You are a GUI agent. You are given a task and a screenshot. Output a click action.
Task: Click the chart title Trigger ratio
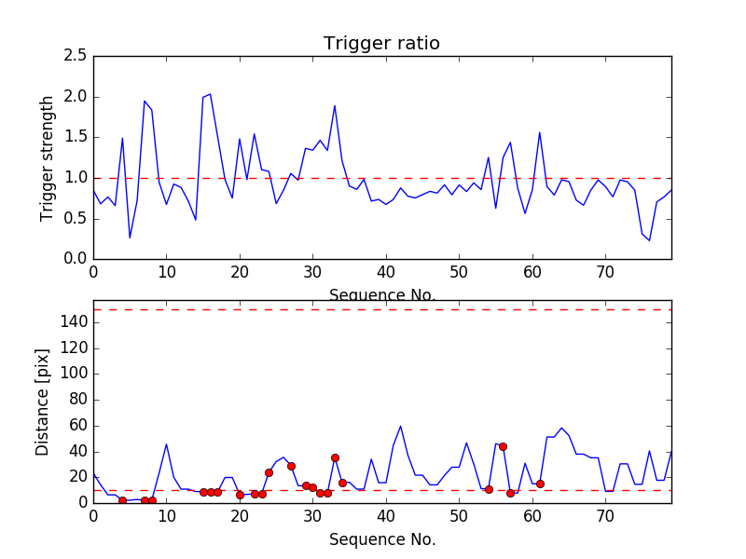381,44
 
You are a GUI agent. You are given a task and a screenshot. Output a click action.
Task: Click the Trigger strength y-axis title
48,157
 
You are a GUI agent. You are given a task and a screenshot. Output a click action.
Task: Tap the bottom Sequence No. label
381,539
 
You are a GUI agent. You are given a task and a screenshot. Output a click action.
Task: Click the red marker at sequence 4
122,500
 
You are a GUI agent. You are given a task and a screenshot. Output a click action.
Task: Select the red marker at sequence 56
503,446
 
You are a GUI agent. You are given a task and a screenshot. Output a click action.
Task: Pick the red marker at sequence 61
540,484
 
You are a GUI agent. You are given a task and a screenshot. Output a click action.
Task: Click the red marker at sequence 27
291,466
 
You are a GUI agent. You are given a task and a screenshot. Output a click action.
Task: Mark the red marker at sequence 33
335,457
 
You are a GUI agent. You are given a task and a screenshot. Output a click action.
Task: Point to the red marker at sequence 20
240,495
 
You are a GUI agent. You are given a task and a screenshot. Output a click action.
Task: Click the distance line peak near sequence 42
400,426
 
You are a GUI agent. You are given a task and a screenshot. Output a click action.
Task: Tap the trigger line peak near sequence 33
335,105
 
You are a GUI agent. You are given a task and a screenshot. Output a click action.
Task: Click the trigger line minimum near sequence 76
649,240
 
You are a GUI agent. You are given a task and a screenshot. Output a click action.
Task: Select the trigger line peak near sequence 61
539,132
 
